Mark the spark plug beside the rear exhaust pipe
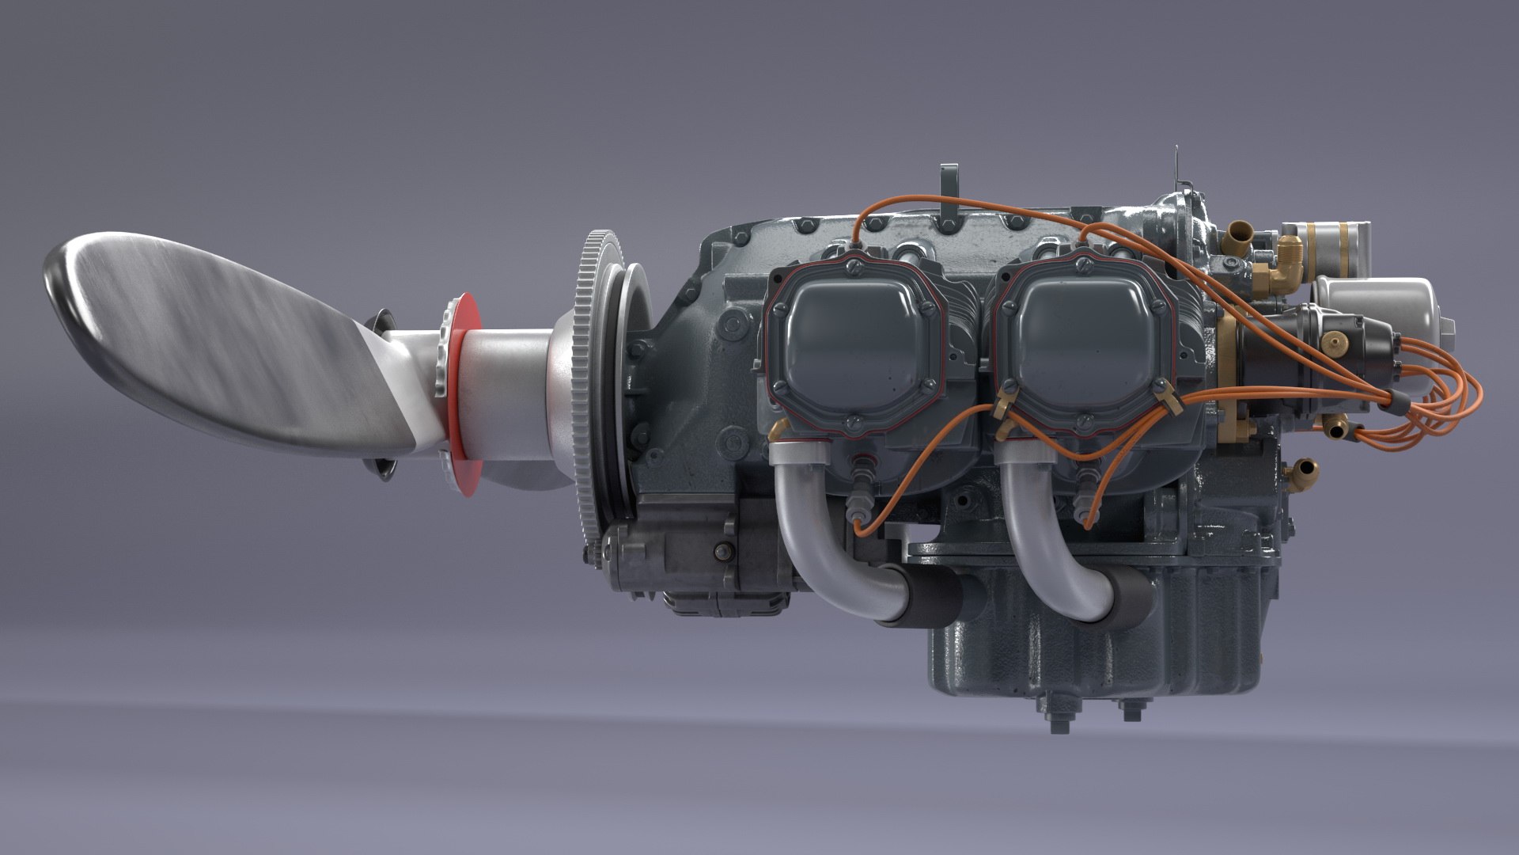tap(1083, 499)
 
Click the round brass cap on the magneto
tap(1336, 342)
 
